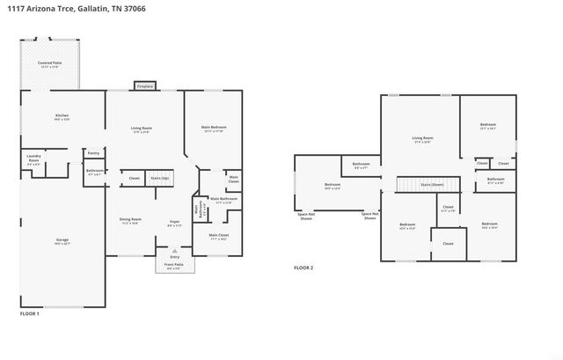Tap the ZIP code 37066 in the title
coord(134,8)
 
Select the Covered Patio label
coord(49,63)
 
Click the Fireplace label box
coord(144,86)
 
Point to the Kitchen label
coord(62,116)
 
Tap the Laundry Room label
coord(33,159)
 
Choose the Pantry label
coord(93,152)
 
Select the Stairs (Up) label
coord(159,178)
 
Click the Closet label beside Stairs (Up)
coord(134,178)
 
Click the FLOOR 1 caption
coord(30,312)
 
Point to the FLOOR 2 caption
coord(303,268)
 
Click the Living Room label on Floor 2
coord(423,138)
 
